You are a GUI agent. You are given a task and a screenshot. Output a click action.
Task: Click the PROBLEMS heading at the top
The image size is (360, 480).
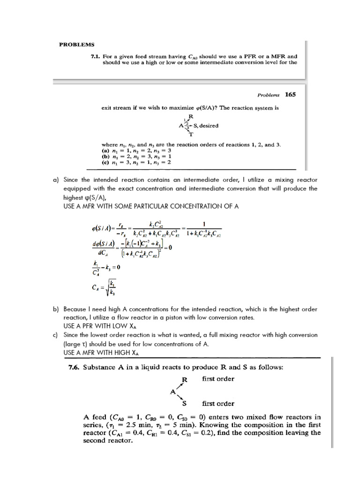click(x=76, y=45)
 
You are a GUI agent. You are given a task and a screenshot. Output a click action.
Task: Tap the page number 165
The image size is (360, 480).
click(x=291, y=94)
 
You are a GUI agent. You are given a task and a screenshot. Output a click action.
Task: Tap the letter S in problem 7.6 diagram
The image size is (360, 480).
click(x=184, y=403)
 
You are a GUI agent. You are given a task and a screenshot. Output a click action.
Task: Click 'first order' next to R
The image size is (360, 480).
click(x=218, y=379)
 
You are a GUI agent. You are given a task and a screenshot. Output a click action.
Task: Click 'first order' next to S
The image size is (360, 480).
click(x=218, y=403)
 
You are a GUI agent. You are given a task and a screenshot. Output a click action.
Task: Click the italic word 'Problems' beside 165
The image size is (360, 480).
click(x=268, y=94)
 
